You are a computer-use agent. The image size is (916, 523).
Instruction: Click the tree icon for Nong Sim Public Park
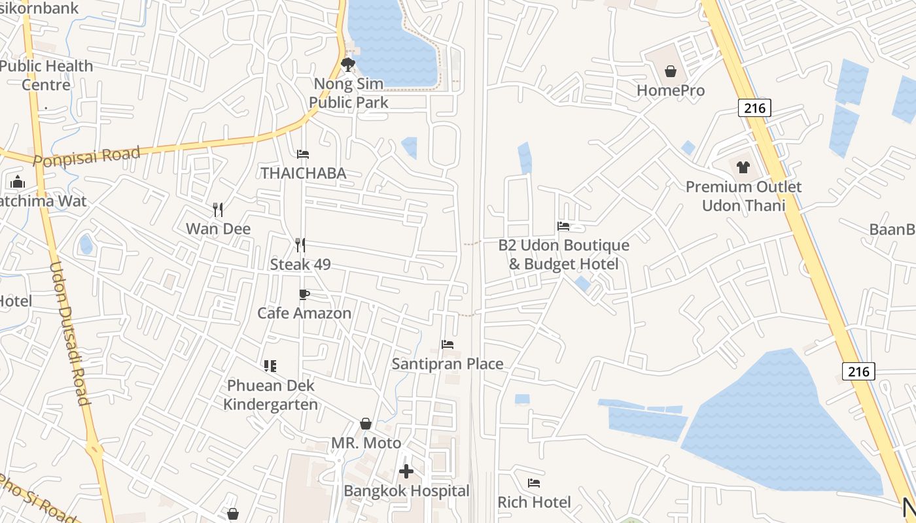348,64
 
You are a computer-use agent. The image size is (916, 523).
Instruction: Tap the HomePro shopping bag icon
671,71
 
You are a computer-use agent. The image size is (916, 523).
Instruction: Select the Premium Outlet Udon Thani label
743,196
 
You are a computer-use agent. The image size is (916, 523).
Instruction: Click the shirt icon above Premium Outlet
743,167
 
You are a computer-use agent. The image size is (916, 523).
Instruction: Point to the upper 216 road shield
754,108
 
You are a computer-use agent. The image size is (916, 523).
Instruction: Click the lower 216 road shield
858,371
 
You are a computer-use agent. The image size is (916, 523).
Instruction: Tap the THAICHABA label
303,173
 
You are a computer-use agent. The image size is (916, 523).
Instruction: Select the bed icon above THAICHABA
303,154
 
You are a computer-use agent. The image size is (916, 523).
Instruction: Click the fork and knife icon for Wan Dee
218,209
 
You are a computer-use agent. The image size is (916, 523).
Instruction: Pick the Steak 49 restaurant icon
300,245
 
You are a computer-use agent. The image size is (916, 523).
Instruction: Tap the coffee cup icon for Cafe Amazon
304,294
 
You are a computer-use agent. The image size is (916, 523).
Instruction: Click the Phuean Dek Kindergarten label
270,395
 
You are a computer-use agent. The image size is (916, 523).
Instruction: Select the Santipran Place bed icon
448,344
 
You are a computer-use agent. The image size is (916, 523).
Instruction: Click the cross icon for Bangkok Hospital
406,471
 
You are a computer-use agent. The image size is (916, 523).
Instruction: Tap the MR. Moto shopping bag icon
366,424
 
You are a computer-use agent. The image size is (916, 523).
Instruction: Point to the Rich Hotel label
534,502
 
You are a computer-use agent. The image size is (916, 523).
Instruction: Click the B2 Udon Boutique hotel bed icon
563,226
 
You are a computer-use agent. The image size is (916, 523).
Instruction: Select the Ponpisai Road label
86,157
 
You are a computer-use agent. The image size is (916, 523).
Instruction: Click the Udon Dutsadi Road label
69,333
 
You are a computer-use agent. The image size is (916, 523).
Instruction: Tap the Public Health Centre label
46,75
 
